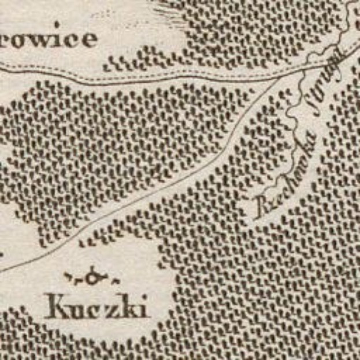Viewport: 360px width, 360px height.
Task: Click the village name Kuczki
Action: (x=97, y=306)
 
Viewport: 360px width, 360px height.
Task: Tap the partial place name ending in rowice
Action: (x=50, y=39)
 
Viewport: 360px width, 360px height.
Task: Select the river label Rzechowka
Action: (x=279, y=173)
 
